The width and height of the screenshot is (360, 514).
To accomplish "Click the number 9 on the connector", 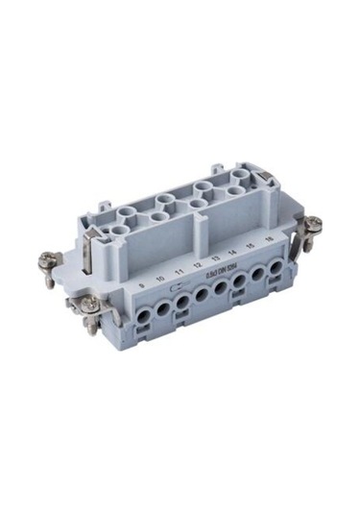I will (x=141, y=285).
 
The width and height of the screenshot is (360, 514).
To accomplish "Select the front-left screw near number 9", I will (x=89, y=304).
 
